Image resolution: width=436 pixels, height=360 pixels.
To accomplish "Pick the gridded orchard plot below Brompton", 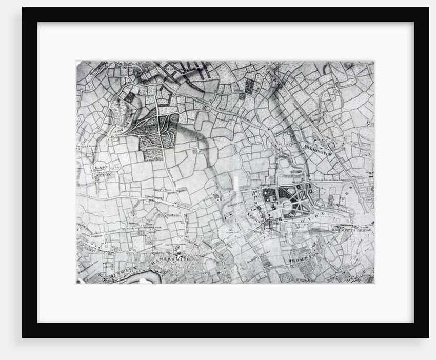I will [x=285, y=277].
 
